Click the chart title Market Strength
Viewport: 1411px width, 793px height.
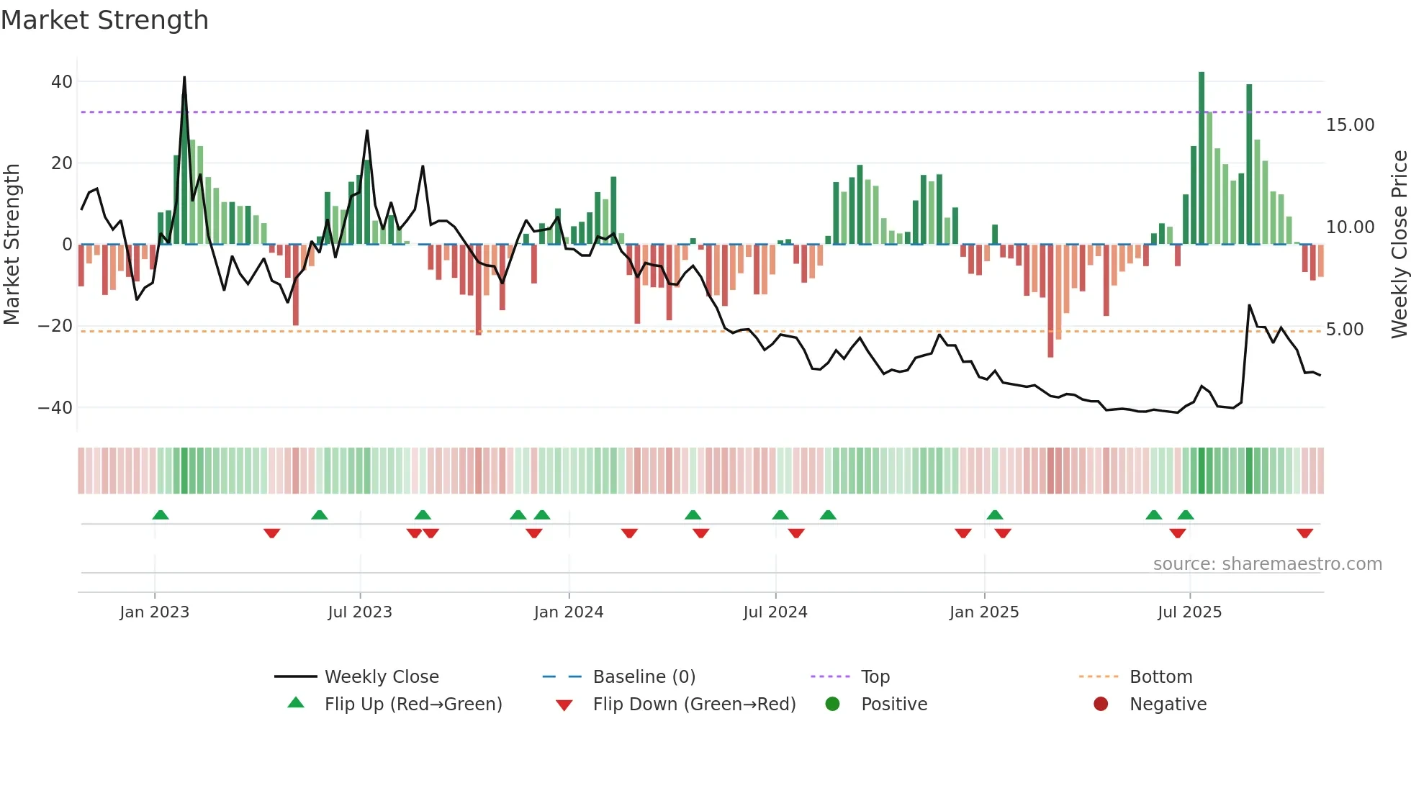[104, 20]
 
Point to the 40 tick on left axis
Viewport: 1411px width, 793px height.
[62, 82]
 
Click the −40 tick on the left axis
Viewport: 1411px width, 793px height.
[55, 408]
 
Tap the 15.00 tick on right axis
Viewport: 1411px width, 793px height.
[1350, 125]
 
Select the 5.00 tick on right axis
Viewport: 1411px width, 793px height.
[1344, 330]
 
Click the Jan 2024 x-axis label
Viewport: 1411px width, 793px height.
[568, 612]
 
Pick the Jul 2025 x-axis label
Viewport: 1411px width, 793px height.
[1189, 612]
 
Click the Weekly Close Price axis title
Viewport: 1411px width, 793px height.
[1399, 245]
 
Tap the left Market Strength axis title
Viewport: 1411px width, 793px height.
[12, 245]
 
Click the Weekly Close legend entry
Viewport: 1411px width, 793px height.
[381, 677]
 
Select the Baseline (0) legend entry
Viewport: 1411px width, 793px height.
[644, 677]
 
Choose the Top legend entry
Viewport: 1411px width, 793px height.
[875, 677]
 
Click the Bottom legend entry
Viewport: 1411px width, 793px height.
[1160, 677]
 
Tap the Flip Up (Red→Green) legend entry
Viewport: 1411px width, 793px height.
[413, 704]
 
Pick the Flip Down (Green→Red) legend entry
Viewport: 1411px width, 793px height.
[694, 704]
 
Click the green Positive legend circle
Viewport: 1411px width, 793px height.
[833, 704]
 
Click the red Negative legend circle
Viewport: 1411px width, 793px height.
[1101, 704]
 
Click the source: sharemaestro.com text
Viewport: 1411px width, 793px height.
[1267, 564]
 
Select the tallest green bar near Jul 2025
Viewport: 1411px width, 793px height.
[1202, 158]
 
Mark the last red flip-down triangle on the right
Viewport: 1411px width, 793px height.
[1304, 533]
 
